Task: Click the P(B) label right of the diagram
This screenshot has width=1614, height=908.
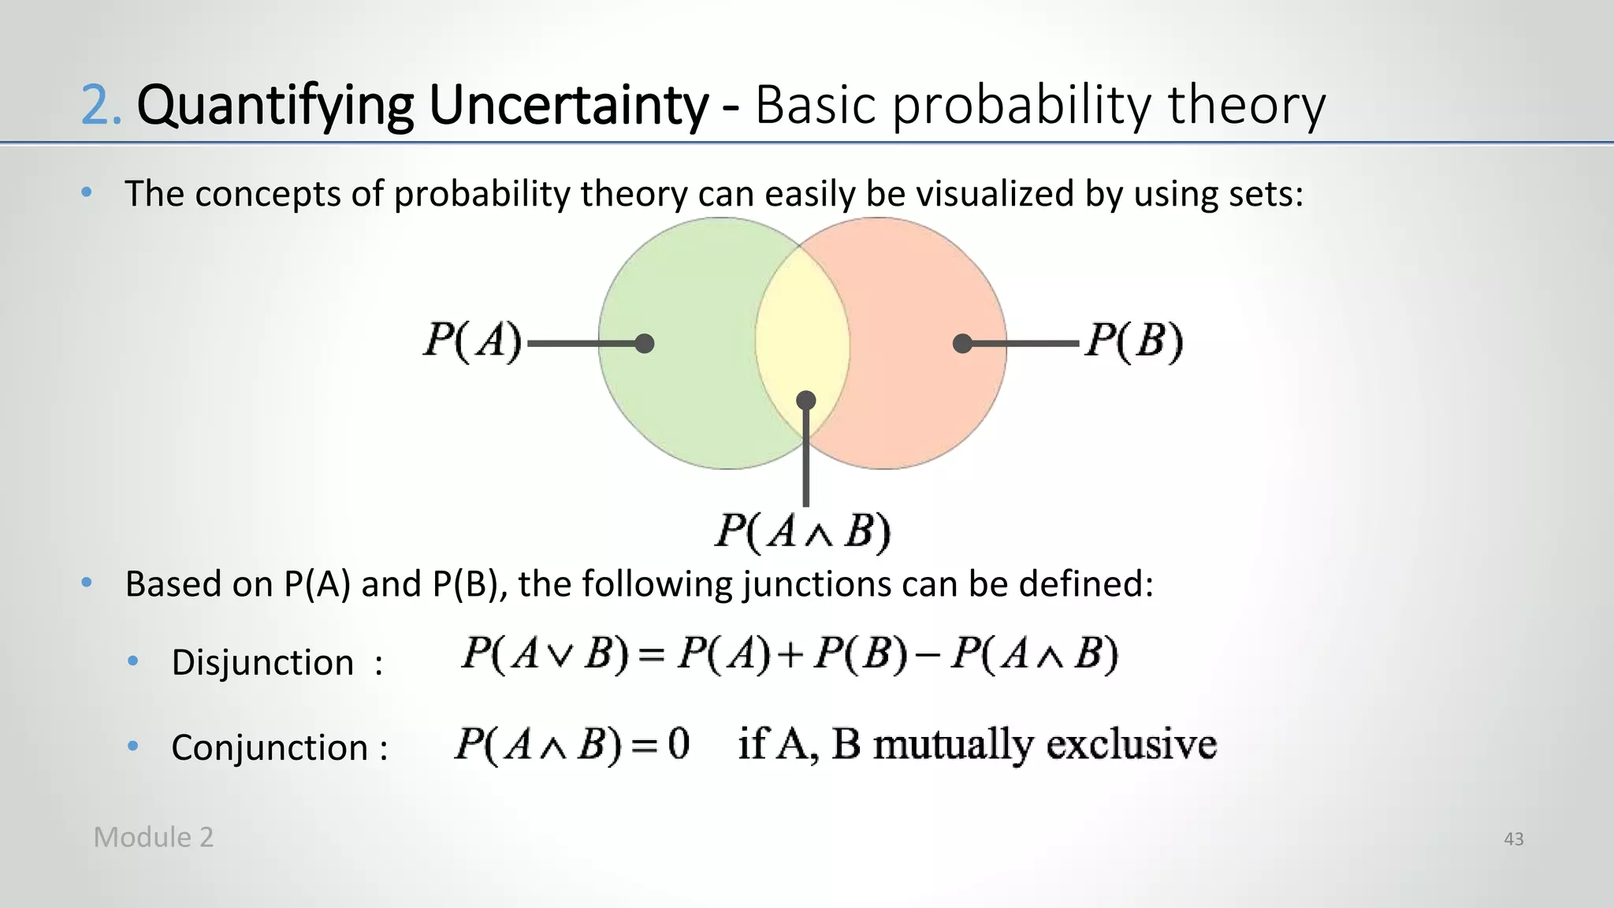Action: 1134,341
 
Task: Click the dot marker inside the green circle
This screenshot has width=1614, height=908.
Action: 645,344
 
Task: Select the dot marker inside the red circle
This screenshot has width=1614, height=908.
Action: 962,344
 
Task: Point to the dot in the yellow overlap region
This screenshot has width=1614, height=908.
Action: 805,400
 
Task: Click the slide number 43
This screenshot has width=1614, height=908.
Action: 1513,839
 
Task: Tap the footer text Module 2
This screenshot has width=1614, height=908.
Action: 154,837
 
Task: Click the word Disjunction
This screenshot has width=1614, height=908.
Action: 262,662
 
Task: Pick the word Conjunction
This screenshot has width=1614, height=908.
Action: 270,747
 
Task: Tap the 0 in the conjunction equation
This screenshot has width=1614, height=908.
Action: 679,743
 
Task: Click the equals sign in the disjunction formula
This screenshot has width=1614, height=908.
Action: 653,655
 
